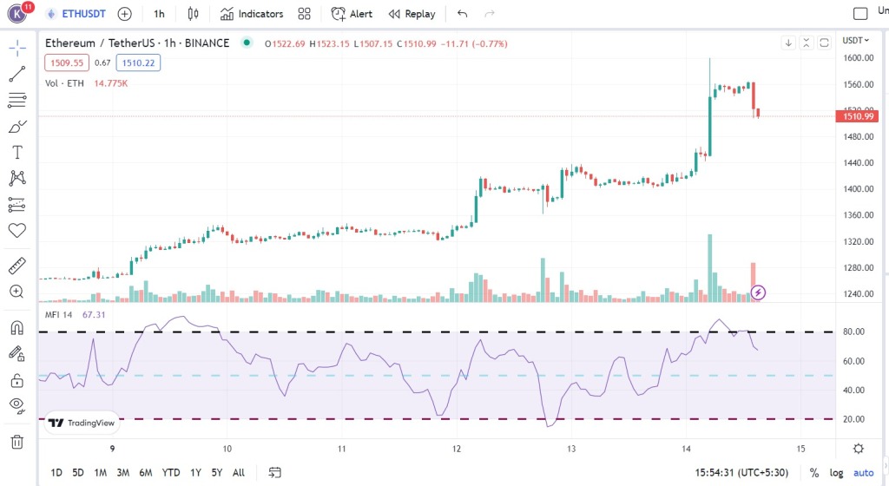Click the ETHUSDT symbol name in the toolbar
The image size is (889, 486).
pyautogui.click(x=85, y=14)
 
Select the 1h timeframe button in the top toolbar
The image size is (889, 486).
pyautogui.click(x=158, y=14)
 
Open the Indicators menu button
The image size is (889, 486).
pyautogui.click(x=251, y=14)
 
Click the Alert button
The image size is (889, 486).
pyautogui.click(x=352, y=14)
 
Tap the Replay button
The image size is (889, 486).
pyautogui.click(x=412, y=14)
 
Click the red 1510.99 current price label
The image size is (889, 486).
pyautogui.click(x=858, y=116)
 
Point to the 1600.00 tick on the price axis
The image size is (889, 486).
pyautogui.click(x=858, y=58)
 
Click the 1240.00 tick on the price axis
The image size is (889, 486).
pyautogui.click(x=858, y=293)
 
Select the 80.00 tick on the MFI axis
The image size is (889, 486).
pyautogui.click(x=855, y=332)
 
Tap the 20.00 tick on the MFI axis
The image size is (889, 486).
pyautogui.click(x=855, y=419)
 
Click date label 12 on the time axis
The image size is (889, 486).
pyautogui.click(x=457, y=449)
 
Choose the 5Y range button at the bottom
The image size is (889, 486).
pyautogui.click(x=216, y=473)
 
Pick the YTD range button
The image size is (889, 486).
pyautogui.click(x=171, y=473)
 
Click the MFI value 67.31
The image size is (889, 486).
pyautogui.click(x=94, y=314)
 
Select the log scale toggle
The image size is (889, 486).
pyautogui.click(x=836, y=473)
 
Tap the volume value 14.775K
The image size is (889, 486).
pyautogui.click(x=111, y=82)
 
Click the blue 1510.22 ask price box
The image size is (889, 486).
pyautogui.click(x=141, y=62)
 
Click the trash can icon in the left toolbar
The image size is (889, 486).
pyautogui.click(x=16, y=442)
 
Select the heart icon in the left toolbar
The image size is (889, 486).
pyautogui.click(x=16, y=231)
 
